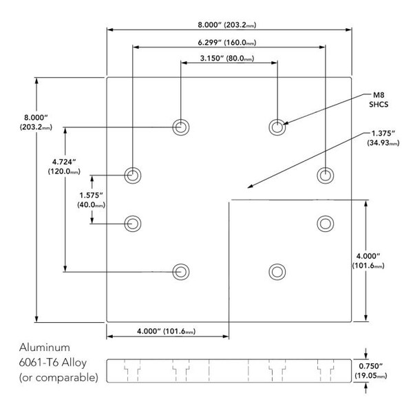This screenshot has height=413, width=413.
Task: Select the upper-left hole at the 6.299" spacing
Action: point(132,174)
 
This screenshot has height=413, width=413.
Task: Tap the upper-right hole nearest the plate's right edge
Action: point(326,174)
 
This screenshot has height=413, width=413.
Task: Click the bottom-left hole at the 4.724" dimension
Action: point(180,271)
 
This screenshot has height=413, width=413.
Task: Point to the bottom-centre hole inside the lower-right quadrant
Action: point(277,271)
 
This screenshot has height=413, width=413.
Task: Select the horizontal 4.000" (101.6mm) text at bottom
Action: point(167,330)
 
